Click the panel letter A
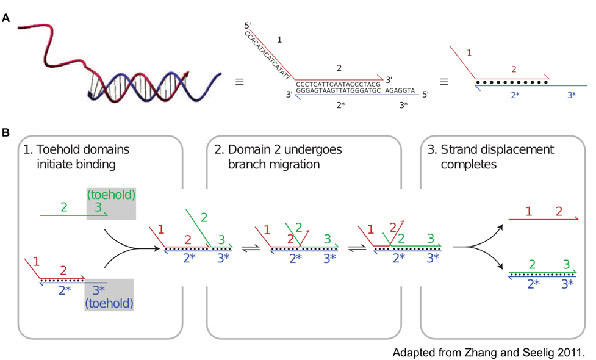(x=5, y=18)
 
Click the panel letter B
(x=5, y=132)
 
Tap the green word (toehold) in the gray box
(x=111, y=195)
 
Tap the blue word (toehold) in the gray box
(x=109, y=301)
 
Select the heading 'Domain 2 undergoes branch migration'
(x=278, y=156)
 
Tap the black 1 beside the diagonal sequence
(x=279, y=40)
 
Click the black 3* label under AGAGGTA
(x=404, y=105)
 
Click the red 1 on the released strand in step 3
(x=529, y=211)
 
